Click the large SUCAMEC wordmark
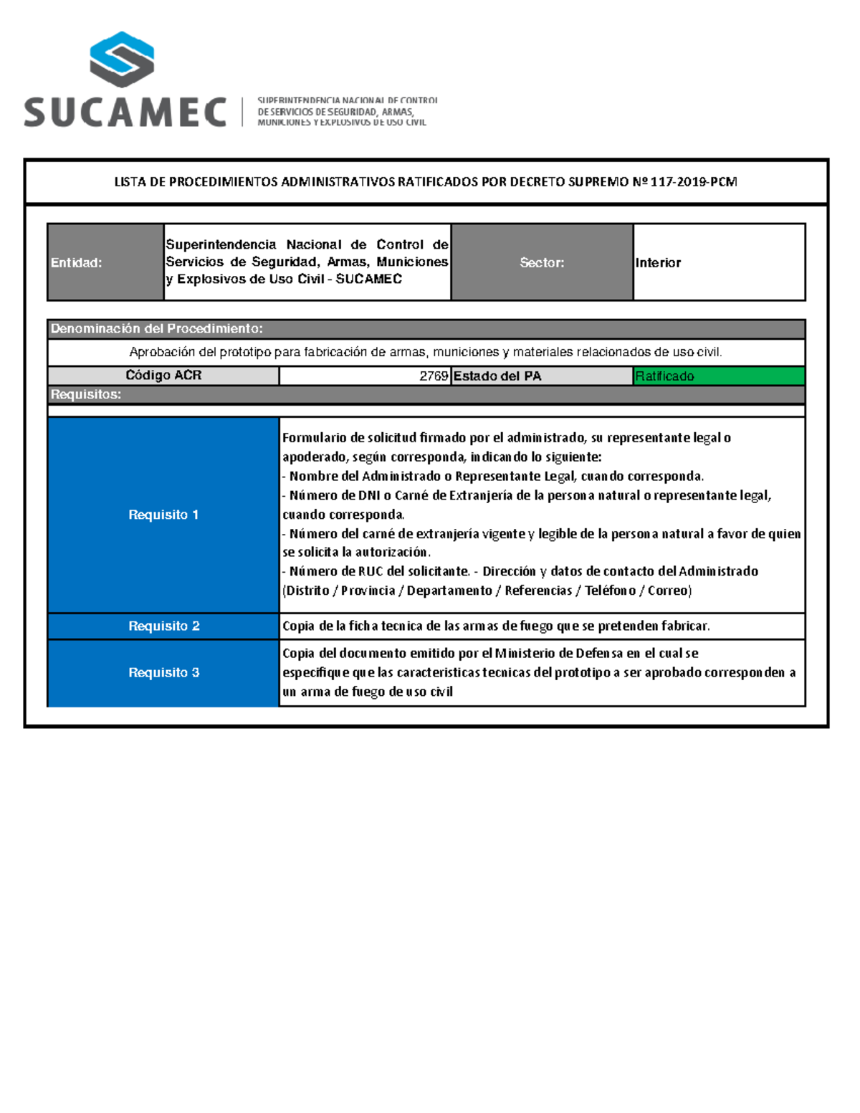125,113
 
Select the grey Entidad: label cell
105,262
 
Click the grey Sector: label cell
542,262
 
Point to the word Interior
658,263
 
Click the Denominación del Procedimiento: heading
156,329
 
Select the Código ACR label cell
163,376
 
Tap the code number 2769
434,376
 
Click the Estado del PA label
497,376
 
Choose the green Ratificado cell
719,376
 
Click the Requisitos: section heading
86,395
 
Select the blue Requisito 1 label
163,515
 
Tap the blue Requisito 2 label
163,626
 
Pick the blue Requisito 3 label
163,672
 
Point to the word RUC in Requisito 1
372,571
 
